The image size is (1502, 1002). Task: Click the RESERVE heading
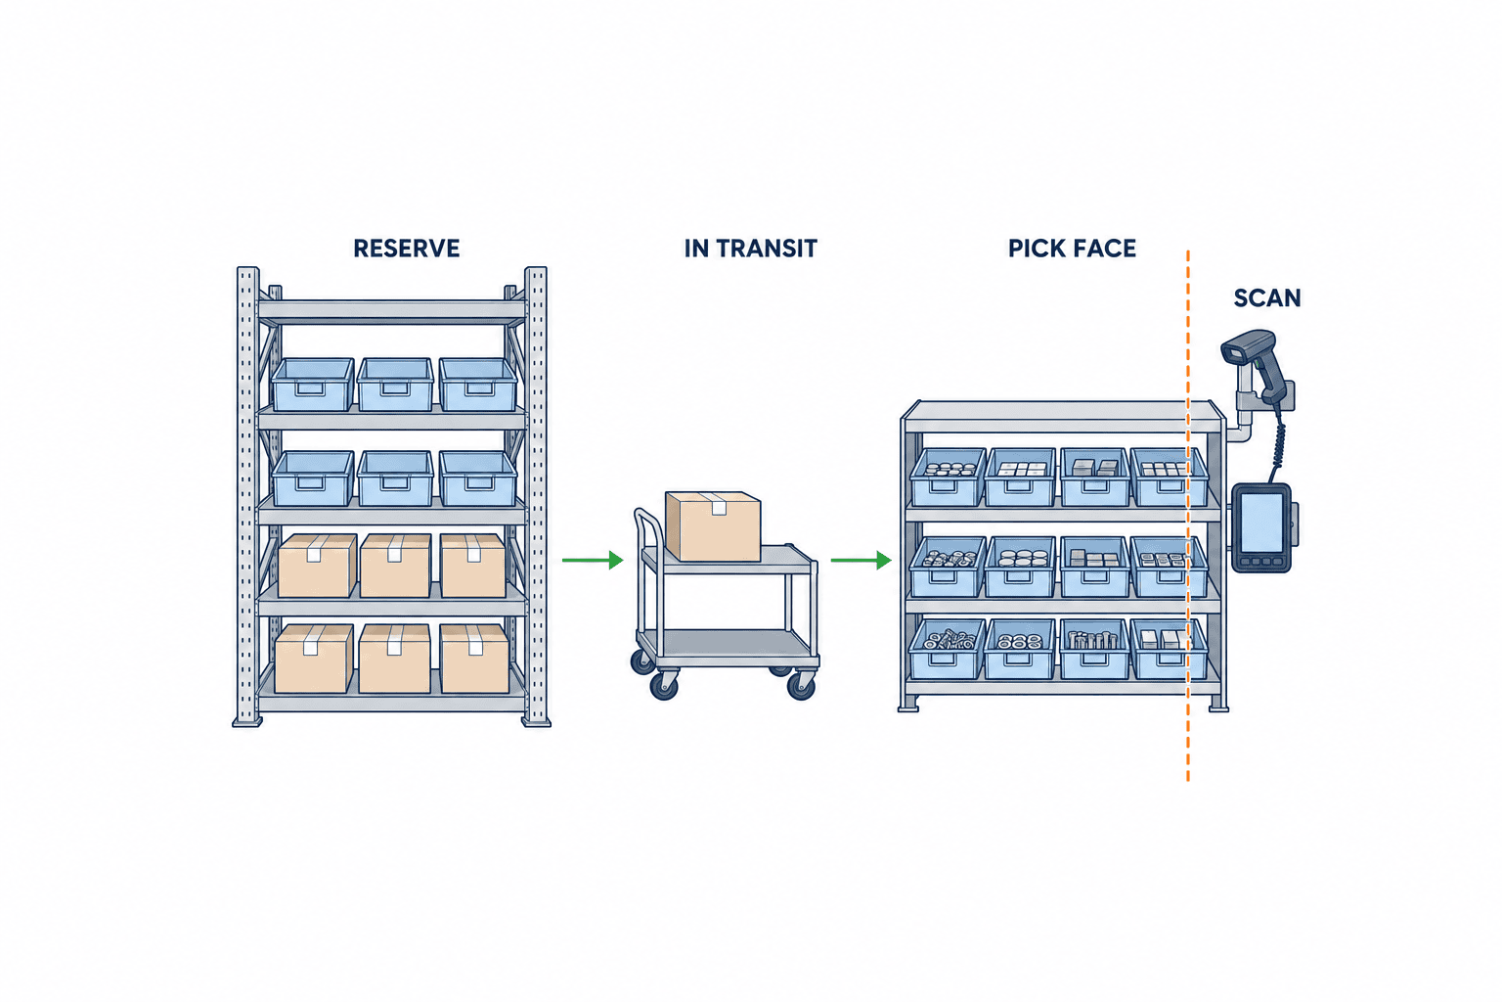[x=407, y=249]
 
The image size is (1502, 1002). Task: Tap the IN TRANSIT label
[x=750, y=249]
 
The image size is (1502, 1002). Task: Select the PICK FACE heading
[x=1072, y=249]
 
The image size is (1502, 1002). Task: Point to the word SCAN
[x=1267, y=298]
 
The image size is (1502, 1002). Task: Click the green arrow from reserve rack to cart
[x=593, y=560]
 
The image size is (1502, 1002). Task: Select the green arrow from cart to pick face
[x=861, y=560]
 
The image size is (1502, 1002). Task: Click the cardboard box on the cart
[x=713, y=526]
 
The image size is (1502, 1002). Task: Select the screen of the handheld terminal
[x=1261, y=524]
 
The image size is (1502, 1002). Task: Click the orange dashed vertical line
[x=1187, y=516]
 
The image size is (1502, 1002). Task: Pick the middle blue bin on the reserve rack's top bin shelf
[x=395, y=384]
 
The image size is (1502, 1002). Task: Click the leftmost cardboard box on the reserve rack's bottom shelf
[x=314, y=659]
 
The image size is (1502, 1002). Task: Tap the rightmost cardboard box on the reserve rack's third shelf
[x=472, y=566]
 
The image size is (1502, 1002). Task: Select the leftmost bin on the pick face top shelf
[x=947, y=477]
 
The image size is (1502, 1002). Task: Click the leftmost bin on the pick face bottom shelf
[x=947, y=649]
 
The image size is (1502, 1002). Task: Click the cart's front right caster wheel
[x=801, y=685]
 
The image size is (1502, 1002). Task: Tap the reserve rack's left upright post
[x=247, y=497]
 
